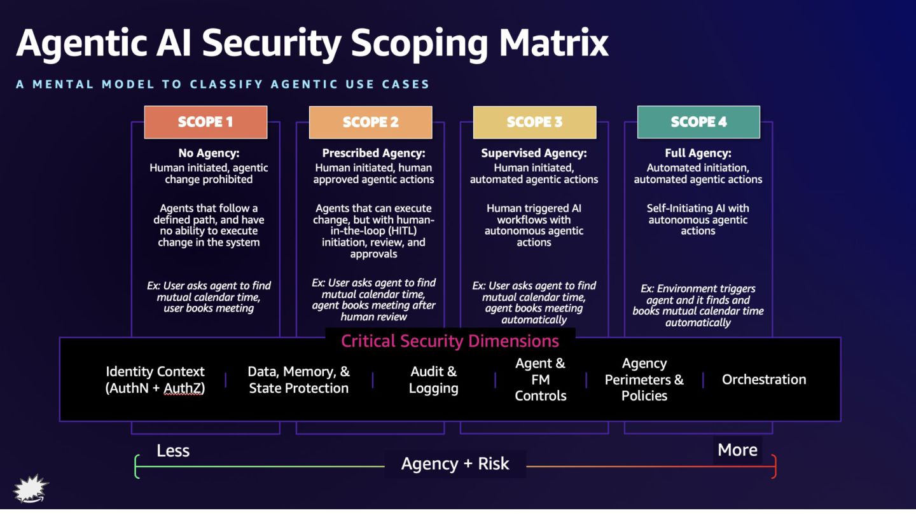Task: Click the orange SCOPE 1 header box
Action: (205, 122)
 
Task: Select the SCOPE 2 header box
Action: (370, 122)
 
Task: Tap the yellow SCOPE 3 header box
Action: (534, 122)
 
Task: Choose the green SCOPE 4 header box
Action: (698, 122)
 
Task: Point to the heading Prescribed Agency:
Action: (373, 153)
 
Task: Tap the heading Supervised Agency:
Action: (534, 153)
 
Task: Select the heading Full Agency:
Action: (698, 153)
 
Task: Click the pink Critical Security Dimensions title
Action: (450, 341)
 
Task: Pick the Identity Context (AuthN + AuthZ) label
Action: (155, 380)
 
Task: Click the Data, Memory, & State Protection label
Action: (298, 380)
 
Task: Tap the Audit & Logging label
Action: (433, 380)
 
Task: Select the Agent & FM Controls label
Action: (541, 380)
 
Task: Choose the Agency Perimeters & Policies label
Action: (644, 380)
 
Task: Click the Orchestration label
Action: (764, 380)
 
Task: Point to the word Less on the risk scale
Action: (173, 451)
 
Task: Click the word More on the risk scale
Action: (737, 450)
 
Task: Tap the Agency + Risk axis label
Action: (455, 464)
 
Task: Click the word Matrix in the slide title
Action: (553, 43)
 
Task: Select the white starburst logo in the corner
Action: (31, 488)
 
